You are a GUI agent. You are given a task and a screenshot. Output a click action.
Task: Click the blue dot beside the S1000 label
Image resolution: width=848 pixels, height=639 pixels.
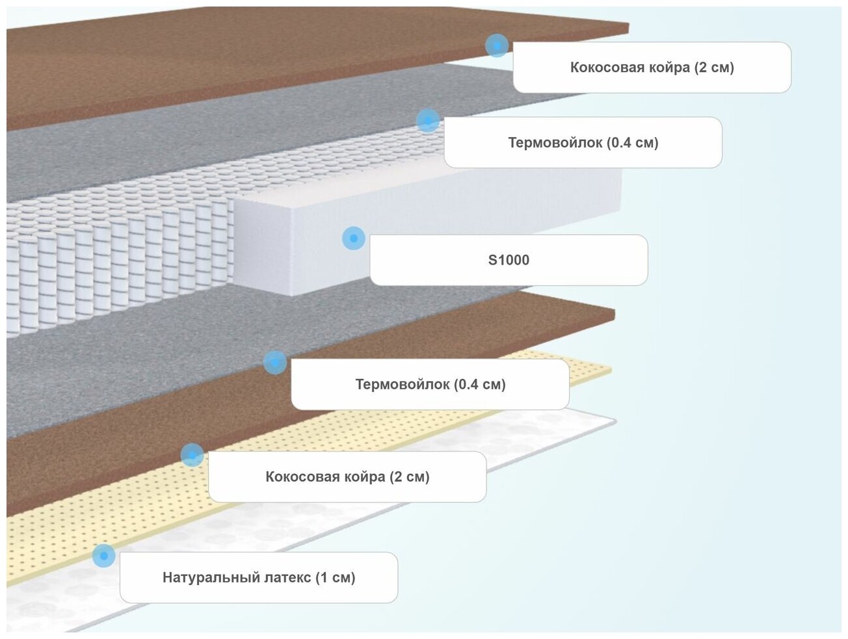tap(353, 239)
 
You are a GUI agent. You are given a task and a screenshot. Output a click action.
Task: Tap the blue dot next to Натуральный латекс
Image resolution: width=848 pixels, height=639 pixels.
tap(103, 556)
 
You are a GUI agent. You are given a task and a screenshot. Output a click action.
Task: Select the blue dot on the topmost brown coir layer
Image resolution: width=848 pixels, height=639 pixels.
tap(497, 46)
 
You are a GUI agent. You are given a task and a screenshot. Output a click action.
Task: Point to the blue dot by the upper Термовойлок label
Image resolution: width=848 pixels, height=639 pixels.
tap(427, 120)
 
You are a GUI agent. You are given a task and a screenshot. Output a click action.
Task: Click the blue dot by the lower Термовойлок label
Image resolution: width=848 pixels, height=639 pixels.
tap(275, 362)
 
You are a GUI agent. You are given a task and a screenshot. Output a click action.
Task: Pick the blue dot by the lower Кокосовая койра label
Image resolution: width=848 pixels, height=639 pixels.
tap(192, 455)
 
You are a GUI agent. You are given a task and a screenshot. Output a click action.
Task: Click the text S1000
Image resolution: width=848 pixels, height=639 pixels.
tap(509, 260)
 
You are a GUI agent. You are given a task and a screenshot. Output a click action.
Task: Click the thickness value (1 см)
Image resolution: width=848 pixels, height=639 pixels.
tap(335, 577)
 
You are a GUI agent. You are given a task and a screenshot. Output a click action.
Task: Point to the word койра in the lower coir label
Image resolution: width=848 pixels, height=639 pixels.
tap(365, 476)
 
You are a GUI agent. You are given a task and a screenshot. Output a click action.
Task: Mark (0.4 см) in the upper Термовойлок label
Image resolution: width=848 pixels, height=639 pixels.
tap(633, 143)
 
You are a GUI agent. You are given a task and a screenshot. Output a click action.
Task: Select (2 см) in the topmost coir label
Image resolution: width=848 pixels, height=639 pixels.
tap(714, 68)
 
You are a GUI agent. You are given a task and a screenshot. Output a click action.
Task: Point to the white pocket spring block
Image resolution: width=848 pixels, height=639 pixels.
tap(117, 260)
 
